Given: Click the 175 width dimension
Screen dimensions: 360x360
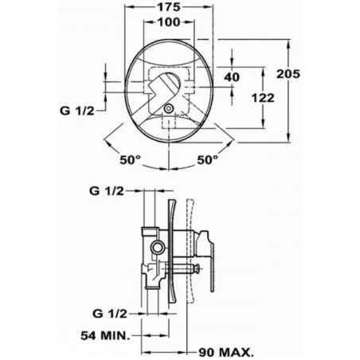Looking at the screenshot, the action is [169, 7].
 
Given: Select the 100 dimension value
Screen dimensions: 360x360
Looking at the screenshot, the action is [169, 22].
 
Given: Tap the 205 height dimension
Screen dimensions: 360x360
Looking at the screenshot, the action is [288, 74].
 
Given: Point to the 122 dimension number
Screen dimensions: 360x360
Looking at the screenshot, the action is [263, 98].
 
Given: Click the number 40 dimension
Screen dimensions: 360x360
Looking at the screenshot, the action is [232, 77].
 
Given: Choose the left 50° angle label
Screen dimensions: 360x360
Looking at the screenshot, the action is [130, 160].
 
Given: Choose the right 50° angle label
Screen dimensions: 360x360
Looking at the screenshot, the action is [207, 160].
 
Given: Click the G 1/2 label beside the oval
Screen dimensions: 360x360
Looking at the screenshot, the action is [77, 111].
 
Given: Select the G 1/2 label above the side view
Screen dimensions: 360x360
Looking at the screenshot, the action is [107, 190].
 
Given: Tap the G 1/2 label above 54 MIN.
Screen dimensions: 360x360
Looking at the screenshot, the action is [110, 314].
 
